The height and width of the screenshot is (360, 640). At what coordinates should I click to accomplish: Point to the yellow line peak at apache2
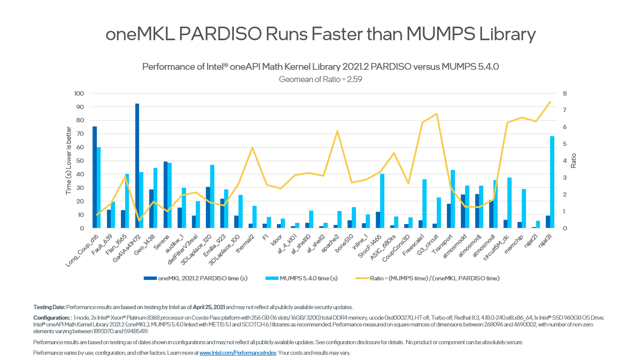[337, 131]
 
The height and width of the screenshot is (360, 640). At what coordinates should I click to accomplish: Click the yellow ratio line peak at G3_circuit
[437, 114]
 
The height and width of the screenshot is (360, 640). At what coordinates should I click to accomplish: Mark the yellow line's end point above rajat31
[550, 102]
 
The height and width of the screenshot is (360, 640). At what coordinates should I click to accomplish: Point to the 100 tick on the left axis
[79, 94]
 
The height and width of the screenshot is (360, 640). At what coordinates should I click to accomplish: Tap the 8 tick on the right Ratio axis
[565, 94]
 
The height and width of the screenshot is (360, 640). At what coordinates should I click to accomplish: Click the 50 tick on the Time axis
[80, 161]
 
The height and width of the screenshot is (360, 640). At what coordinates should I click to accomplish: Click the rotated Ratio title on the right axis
[573, 161]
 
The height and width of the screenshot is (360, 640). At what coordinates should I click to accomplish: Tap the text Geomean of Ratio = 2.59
[320, 79]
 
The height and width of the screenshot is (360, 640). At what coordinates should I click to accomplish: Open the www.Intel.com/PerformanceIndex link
[238, 353]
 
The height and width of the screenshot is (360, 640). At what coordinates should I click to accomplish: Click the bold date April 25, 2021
[209, 307]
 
